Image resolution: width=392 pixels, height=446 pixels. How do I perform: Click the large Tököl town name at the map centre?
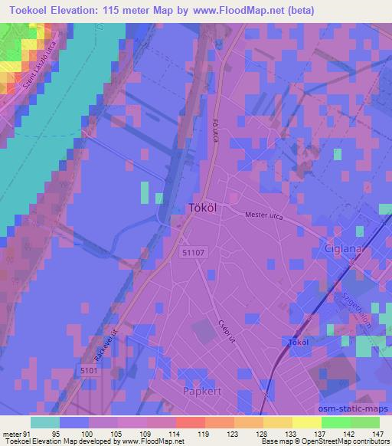pos(204,207)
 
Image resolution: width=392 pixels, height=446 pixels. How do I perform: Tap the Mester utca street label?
pos(263,217)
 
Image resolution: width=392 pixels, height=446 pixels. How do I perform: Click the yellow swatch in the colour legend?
pos(305,422)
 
